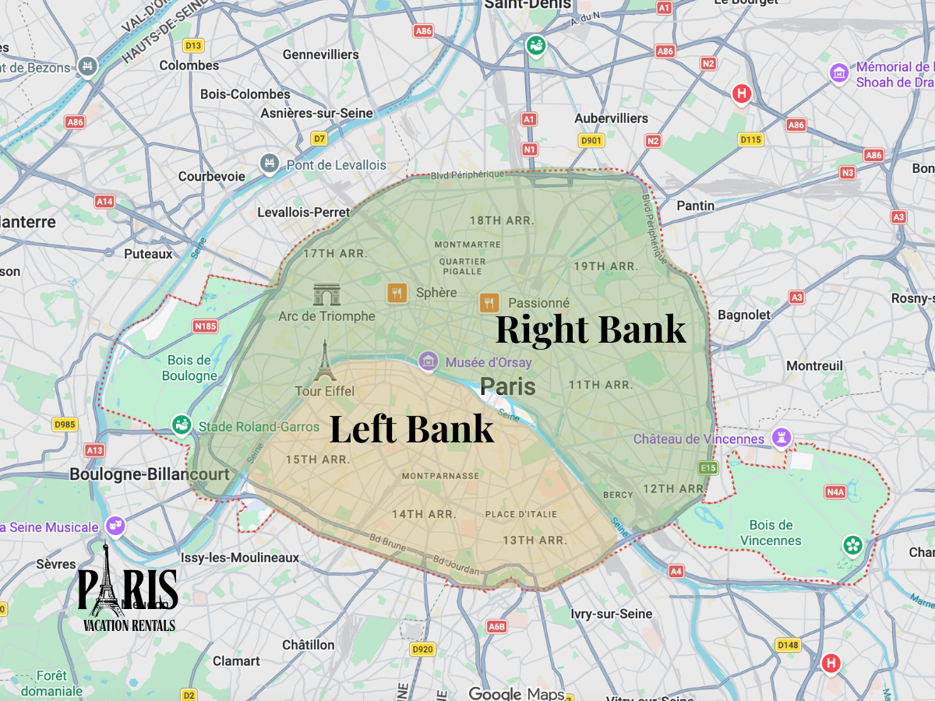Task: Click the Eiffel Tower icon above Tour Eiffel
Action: pyautogui.click(x=325, y=361)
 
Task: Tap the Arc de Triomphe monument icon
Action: pyautogui.click(x=326, y=294)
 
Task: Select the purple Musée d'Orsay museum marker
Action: pyautogui.click(x=428, y=361)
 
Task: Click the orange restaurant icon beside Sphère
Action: pyautogui.click(x=397, y=293)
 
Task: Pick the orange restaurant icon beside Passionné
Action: pyautogui.click(x=489, y=303)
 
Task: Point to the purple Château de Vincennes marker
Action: pyautogui.click(x=782, y=439)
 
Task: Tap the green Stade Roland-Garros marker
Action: pyautogui.click(x=182, y=426)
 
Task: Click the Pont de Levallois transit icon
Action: pyautogui.click(x=270, y=164)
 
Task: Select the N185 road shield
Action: pyautogui.click(x=206, y=326)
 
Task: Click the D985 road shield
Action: pyautogui.click(x=65, y=424)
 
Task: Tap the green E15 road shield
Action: pyautogui.click(x=707, y=467)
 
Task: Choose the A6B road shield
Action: pyautogui.click(x=496, y=625)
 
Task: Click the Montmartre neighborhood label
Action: pyautogui.click(x=467, y=245)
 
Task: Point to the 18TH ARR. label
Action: pyautogui.click(x=502, y=220)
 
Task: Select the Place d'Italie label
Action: pyautogui.click(x=521, y=514)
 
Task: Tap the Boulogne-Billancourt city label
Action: pyautogui.click(x=150, y=474)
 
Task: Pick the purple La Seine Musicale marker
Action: pyautogui.click(x=116, y=527)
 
